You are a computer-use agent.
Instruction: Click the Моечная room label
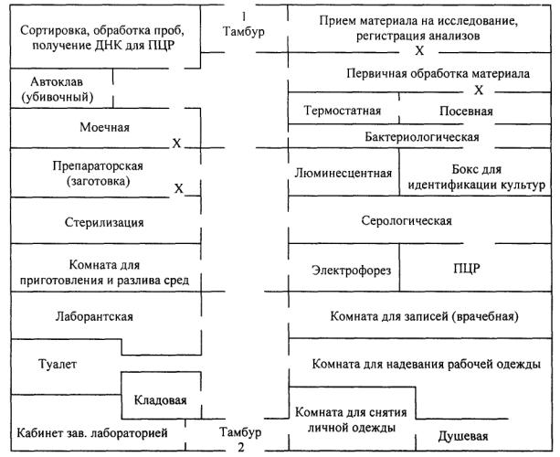[105, 128]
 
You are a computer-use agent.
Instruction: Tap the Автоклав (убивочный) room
[58, 90]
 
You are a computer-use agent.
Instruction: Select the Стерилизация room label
[104, 222]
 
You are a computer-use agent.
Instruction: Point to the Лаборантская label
[94, 316]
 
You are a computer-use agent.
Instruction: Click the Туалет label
[58, 364]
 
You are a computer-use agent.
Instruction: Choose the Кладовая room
[161, 399]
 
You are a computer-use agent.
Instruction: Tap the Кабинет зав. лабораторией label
[92, 433]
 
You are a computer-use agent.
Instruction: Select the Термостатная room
[343, 111]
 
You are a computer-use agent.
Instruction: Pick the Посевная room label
[466, 112]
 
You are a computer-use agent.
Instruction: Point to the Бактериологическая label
[422, 137]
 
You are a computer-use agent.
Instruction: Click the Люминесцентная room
[343, 174]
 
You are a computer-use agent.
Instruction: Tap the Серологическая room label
[407, 220]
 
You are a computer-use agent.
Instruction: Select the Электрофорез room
[352, 271]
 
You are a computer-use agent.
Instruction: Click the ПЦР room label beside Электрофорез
[467, 269]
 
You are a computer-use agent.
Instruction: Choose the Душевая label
[463, 436]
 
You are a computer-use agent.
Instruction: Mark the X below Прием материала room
[419, 51]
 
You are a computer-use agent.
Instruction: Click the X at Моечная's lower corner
[176, 143]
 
